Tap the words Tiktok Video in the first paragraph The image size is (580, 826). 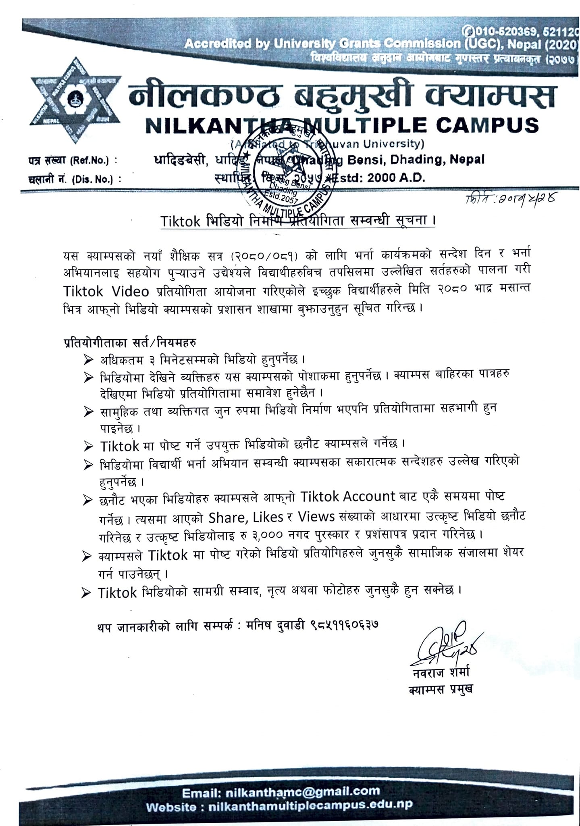click(x=106, y=291)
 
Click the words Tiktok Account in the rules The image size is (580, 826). click(x=348, y=496)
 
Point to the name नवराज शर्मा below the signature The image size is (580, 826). click(x=439, y=673)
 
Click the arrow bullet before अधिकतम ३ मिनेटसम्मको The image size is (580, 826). click(x=88, y=359)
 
